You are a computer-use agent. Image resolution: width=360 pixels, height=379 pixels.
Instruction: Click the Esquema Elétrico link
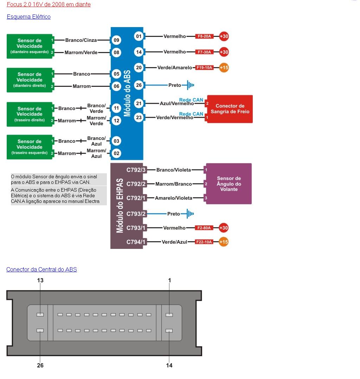[x=28, y=17]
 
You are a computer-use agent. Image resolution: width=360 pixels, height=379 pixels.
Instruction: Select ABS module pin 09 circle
[x=116, y=40]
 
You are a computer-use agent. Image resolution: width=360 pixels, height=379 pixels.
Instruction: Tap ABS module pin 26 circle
[x=139, y=85]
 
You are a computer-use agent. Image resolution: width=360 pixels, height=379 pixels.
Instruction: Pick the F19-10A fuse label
[x=205, y=68]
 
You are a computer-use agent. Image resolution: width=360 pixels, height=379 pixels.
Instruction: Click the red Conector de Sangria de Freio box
[x=230, y=109]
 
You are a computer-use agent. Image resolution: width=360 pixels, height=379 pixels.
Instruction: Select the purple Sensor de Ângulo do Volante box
[x=229, y=184]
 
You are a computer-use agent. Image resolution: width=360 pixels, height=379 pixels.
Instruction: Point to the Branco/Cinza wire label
[x=81, y=40]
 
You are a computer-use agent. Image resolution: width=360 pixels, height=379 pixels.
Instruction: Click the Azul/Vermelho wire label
[x=176, y=104]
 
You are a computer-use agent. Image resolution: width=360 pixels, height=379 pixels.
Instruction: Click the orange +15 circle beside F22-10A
[x=223, y=242]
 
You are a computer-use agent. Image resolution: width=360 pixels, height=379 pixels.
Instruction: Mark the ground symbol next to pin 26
[x=190, y=85]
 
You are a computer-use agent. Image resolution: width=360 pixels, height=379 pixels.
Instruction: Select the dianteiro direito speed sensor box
[x=30, y=80]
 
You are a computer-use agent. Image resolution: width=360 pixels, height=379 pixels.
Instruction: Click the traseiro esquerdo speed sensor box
[x=30, y=147]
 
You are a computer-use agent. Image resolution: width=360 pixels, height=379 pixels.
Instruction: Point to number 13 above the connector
[x=40, y=280]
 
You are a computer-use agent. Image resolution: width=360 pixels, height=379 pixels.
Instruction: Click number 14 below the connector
[x=169, y=365]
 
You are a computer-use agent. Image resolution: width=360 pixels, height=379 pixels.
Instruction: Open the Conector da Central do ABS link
[x=41, y=269]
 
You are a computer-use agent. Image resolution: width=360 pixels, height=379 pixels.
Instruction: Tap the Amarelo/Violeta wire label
[x=174, y=198]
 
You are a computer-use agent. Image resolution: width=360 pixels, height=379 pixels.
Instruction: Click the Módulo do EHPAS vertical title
[x=120, y=206]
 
